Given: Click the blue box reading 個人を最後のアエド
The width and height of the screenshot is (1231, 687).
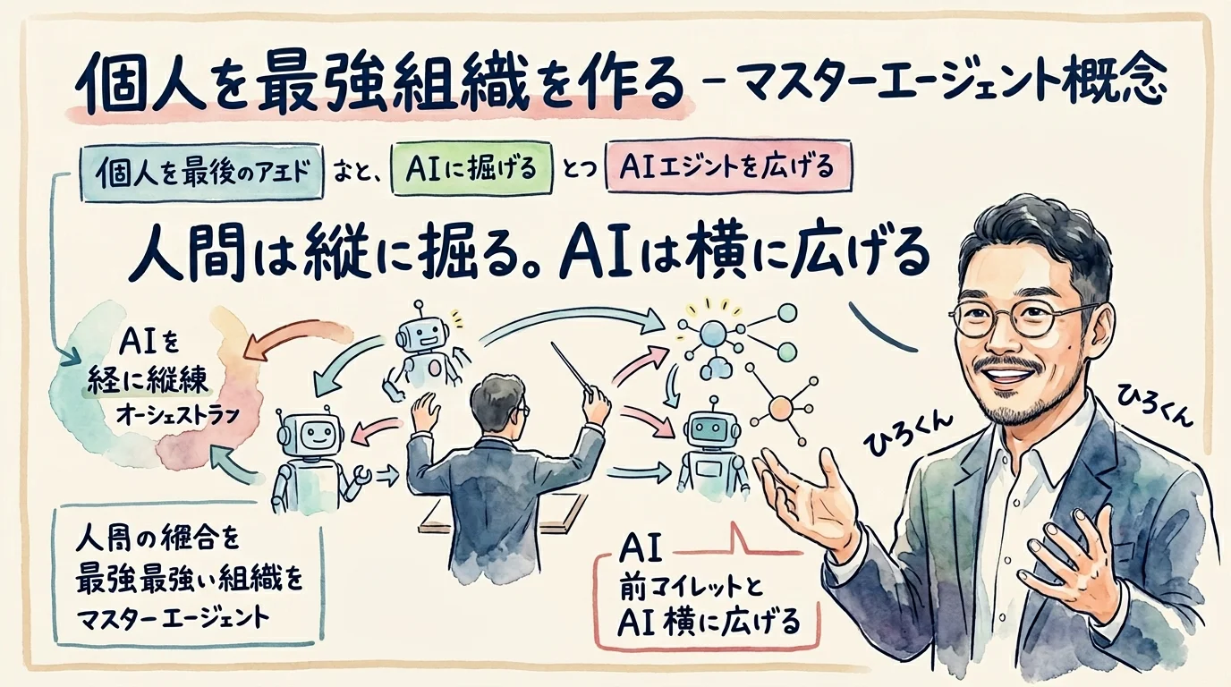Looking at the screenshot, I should point(202,168).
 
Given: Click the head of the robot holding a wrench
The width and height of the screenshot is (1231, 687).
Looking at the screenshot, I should point(308,434).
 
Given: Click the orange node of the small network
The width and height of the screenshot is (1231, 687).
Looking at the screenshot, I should point(781,410).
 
